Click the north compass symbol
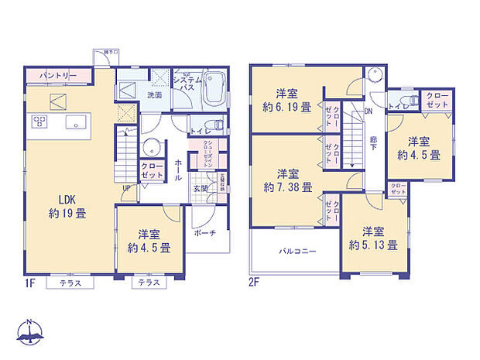(29, 331)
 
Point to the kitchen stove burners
(39, 122)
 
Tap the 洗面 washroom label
(153, 95)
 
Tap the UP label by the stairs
(126, 187)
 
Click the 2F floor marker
(255, 283)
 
